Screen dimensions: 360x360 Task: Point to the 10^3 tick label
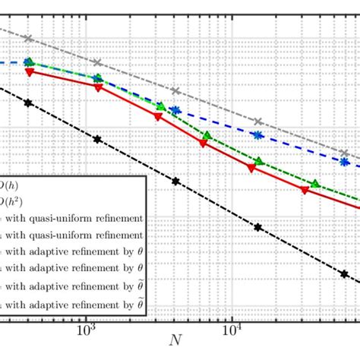pyautogui.click(x=86, y=331)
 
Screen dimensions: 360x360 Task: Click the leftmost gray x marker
pyautogui.click(x=29, y=38)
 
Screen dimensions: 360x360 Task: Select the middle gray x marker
pyautogui.click(x=175, y=91)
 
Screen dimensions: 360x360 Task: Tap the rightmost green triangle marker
pyautogui.click(x=314, y=183)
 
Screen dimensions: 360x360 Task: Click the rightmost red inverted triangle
pyautogui.click(x=305, y=190)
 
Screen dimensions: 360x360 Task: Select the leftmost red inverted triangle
pyautogui.click(x=30, y=72)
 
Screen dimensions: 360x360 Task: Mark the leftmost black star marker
pyautogui.click(x=29, y=103)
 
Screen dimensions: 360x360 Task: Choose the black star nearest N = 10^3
pyautogui.click(x=97, y=138)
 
